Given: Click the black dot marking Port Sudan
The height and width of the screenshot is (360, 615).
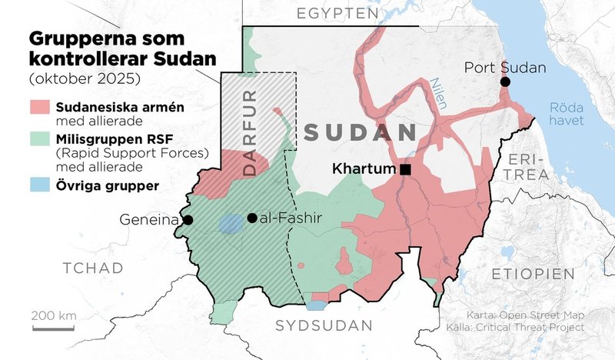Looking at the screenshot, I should [x=505, y=82].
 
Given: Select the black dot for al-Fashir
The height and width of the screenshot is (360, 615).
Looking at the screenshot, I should [x=252, y=218].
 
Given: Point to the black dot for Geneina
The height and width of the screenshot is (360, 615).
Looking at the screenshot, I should [x=188, y=220].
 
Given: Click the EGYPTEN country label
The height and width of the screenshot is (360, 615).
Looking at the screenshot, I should [x=338, y=14].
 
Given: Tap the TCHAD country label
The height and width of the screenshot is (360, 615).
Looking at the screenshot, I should [x=93, y=268].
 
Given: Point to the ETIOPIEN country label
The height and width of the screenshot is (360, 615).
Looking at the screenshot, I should [x=534, y=275].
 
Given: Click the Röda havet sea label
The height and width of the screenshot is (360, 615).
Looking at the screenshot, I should [x=567, y=114].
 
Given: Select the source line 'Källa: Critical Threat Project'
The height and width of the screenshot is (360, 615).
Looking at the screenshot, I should [x=525, y=328].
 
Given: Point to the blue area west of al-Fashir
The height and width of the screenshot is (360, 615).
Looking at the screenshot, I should [x=230, y=223].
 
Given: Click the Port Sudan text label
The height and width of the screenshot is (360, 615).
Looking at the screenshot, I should [x=505, y=68].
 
